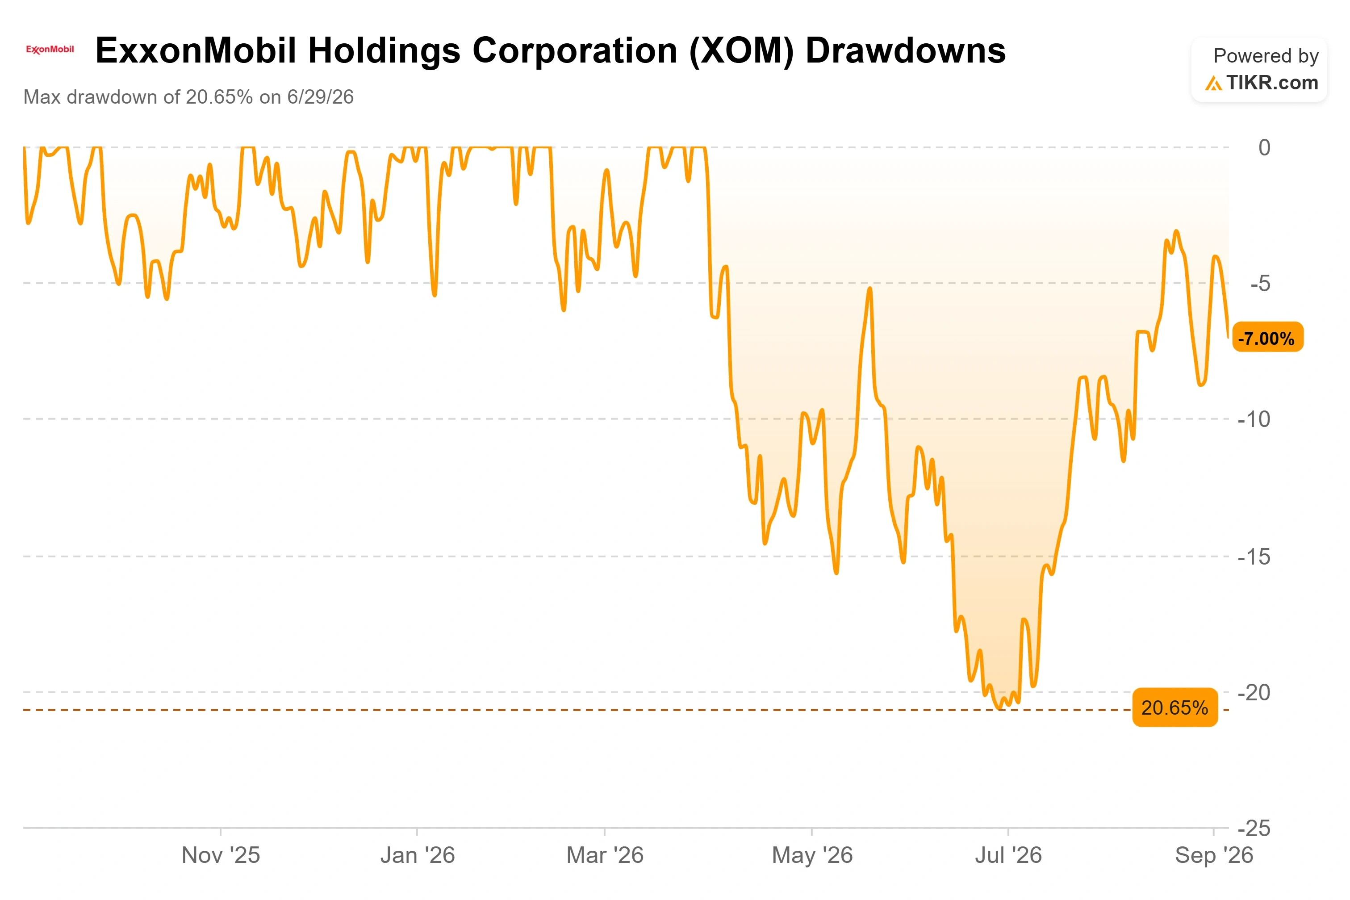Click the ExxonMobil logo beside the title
pyautogui.click(x=50, y=50)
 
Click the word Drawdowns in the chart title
pyautogui.click(x=905, y=50)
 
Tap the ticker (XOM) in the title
pyautogui.click(x=741, y=51)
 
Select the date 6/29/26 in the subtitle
pyautogui.click(x=320, y=97)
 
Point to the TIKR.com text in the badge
pyautogui.click(x=1272, y=83)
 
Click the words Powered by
pyautogui.click(x=1266, y=56)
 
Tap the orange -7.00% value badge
pyautogui.click(x=1267, y=338)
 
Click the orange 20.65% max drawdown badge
pyautogui.click(x=1174, y=707)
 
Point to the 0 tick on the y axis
pyautogui.click(x=1264, y=147)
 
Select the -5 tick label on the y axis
pyautogui.click(x=1260, y=284)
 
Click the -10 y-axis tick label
pyautogui.click(x=1254, y=419)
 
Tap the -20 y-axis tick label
pyautogui.click(x=1254, y=693)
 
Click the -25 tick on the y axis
pyautogui.click(x=1254, y=828)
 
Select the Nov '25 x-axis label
pyautogui.click(x=221, y=855)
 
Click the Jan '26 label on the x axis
pyautogui.click(x=418, y=855)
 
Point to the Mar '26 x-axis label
pyautogui.click(x=605, y=855)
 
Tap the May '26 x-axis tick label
pyautogui.click(x=812, y=856)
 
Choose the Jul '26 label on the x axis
pyautogui.click(x=1008, y=855)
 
